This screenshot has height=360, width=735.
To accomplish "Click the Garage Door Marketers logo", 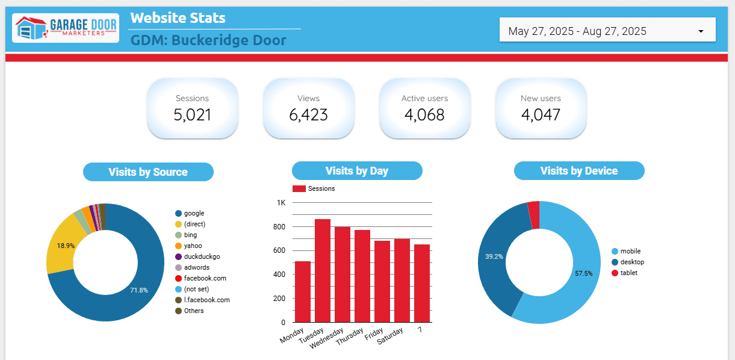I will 65,28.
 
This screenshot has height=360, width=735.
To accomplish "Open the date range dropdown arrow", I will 701,31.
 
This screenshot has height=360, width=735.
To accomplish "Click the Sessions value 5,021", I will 192,114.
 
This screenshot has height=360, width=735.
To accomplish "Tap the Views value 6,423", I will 308,114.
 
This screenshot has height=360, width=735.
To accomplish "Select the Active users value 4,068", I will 424,114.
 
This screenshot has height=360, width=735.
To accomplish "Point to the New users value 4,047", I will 541,114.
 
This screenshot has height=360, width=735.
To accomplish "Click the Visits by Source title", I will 148,172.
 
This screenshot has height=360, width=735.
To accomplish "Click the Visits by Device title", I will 579,171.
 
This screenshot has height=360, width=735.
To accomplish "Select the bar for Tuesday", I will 323,270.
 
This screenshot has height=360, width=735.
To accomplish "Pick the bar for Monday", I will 303,291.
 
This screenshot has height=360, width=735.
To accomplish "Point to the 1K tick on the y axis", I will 281,203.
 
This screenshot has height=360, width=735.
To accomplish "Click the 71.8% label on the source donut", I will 139,290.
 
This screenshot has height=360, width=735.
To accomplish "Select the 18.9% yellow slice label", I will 66,246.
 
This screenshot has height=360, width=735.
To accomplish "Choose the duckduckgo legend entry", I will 202,256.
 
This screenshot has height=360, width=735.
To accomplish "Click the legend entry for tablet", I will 628,273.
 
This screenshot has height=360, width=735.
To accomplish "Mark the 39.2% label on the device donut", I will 494,256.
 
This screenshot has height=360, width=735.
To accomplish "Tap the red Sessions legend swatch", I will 299,188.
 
